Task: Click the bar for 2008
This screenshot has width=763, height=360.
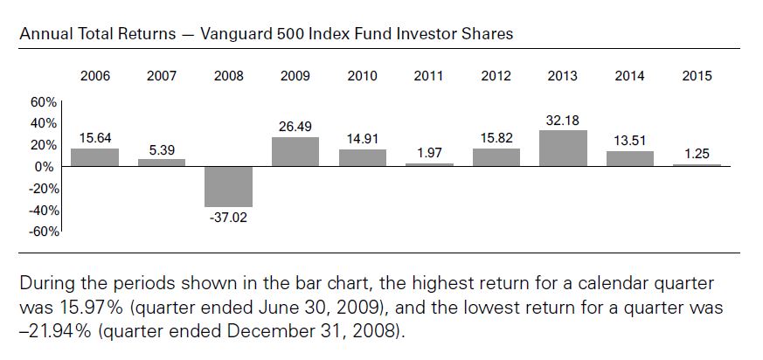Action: [x=228, y=187]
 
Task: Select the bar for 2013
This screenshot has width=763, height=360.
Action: [x=563, y=149]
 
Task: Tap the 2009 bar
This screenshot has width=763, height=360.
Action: [x=295, y=152]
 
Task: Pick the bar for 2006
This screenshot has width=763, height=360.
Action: [x=95, y=157]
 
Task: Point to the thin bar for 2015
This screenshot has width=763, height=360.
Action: [x=697, y=165]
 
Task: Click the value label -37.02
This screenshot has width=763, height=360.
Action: [x=228, y=218]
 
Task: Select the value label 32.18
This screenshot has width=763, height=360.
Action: [x=563, y=121]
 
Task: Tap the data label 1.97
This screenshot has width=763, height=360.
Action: [x=430, y=153]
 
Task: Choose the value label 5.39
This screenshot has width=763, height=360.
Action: [x=162, y=151]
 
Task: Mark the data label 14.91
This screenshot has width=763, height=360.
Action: [x=363, y=139]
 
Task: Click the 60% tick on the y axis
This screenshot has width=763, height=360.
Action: [x=45, y=102]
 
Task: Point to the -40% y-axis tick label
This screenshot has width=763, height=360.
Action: [x=44, y=211]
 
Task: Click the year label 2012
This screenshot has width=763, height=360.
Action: [x=496, y=76]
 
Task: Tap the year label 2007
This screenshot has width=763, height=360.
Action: [x=162, y=76]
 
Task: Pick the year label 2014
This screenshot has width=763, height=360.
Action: [x=629, y=76]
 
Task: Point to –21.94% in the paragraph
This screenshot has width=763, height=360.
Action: [x=55, y=332]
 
